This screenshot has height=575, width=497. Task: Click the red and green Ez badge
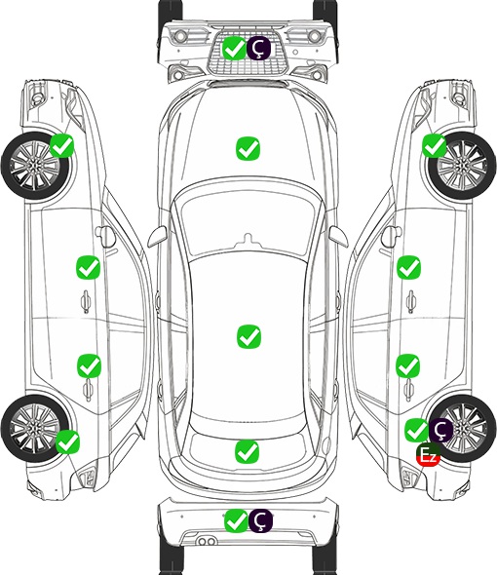428,455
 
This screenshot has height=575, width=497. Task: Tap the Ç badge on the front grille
258,48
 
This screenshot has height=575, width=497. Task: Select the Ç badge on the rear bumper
260,520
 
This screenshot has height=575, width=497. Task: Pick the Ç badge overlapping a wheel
440,430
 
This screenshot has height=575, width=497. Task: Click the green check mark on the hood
248,148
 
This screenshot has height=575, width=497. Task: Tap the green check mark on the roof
248,336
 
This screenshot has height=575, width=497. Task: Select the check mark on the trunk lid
247,451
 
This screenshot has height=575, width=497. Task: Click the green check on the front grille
234,48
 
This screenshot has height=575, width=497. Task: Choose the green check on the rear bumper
236,520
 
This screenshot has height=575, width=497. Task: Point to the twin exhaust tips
207,542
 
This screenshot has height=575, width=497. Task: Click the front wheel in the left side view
36,167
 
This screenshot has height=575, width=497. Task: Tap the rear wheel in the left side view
35,428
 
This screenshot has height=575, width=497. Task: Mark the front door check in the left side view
88,267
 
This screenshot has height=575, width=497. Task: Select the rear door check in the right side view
408,365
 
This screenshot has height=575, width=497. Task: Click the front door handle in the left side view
86,301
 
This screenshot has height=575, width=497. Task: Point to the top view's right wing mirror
338,236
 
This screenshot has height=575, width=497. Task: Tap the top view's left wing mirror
158,236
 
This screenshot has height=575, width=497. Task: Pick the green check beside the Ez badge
417,430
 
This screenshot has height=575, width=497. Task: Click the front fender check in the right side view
435,145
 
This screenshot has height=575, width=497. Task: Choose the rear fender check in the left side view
67,441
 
